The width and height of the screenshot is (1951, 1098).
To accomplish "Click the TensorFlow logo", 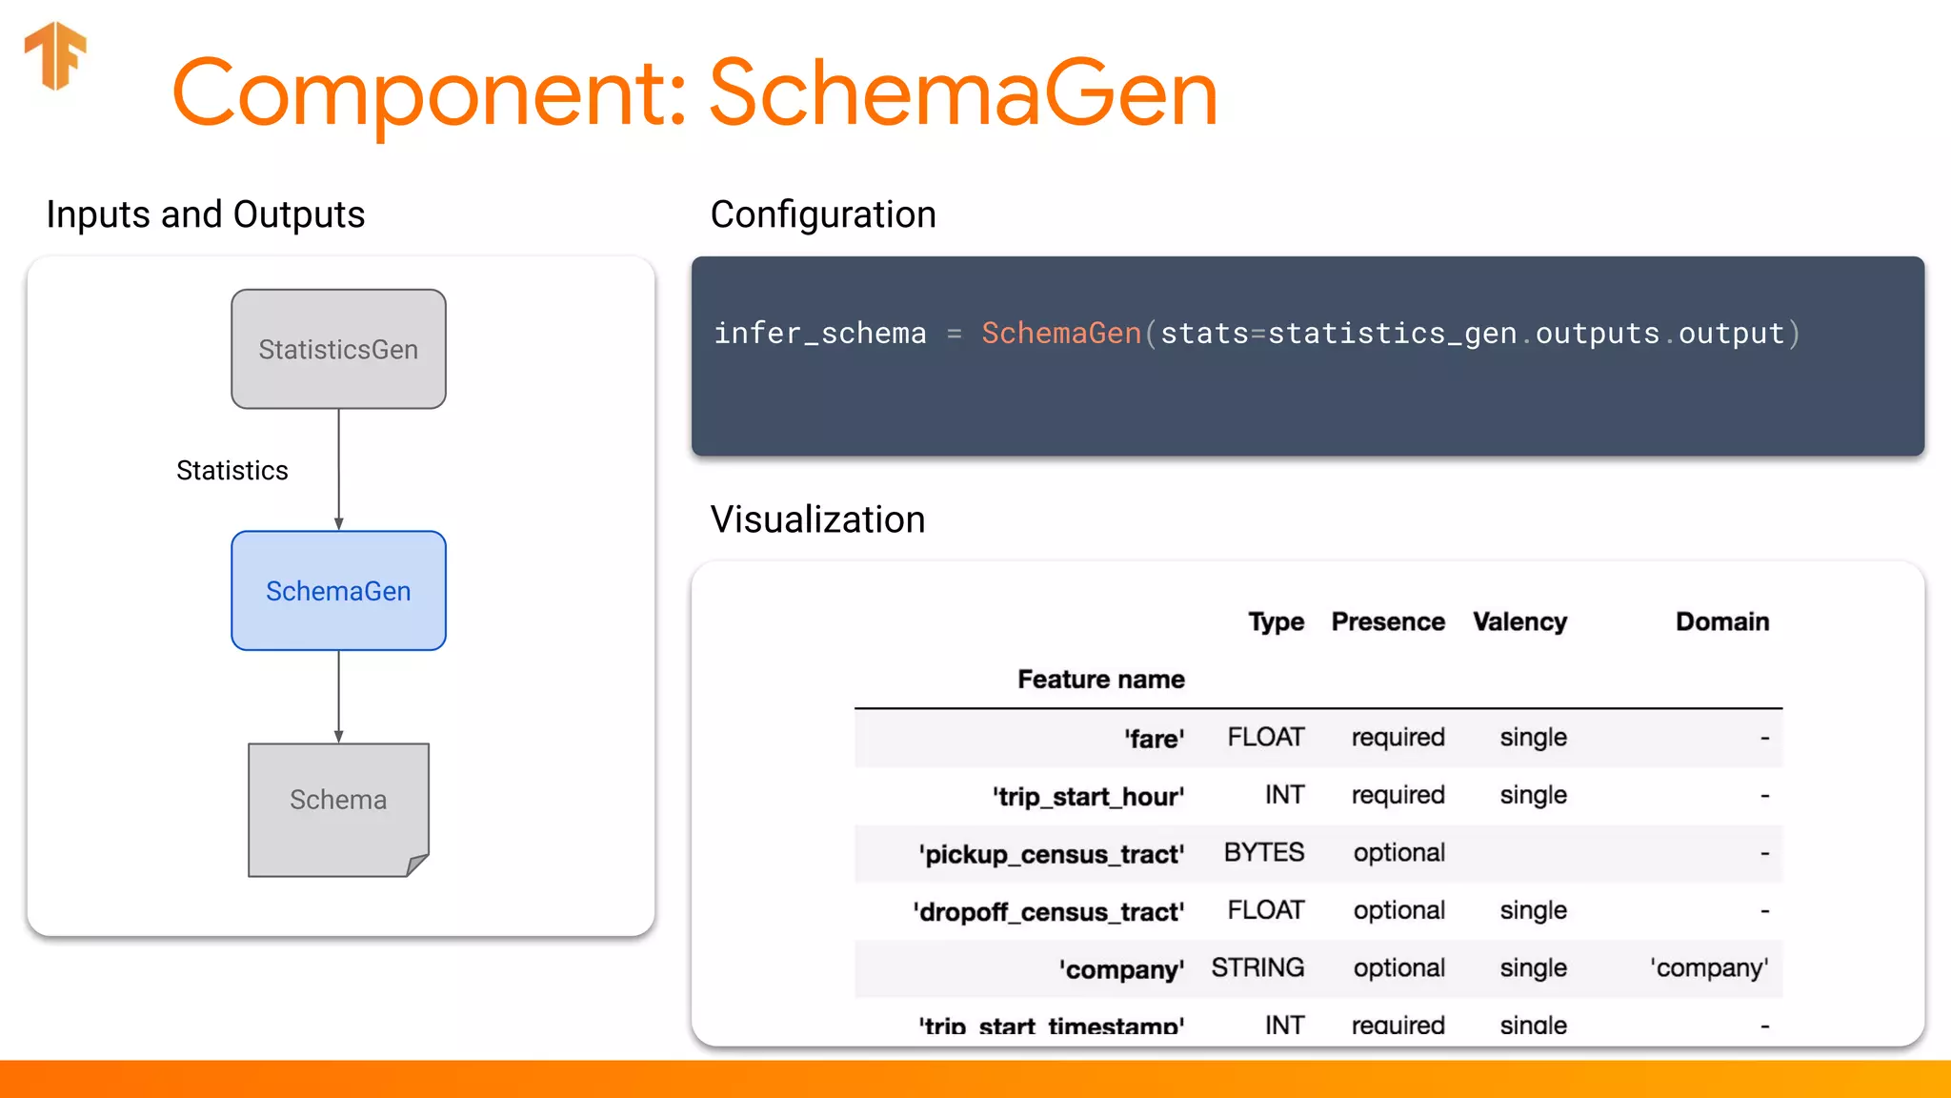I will coord(55,55).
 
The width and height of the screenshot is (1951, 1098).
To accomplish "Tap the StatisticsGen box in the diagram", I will coord(338,349).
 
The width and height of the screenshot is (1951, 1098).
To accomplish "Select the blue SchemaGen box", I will coord(338,591).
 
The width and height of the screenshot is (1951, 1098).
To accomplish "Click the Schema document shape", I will coord(338,808).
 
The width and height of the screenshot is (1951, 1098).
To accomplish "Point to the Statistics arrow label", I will coord(232,471).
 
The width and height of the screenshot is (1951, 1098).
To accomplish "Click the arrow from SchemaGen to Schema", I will coord(338,696).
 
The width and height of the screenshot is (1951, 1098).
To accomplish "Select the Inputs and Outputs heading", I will coord(206,215).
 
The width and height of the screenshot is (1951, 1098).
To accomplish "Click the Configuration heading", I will coord(823,215).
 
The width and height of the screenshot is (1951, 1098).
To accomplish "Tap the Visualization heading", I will coord(817,520).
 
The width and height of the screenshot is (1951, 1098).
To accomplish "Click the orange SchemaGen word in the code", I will coord(1061,334).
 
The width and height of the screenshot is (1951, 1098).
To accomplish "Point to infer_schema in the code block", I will coord(820,334).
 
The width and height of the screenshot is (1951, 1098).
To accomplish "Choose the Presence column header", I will coord(1388,622).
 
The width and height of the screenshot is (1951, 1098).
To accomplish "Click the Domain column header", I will coord(1722,622).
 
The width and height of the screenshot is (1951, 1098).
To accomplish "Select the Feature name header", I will coord(1101,680).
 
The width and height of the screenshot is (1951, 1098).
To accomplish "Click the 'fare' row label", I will coord(1155,739).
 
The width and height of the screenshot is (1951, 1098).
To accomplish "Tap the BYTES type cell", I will coord(1264,852).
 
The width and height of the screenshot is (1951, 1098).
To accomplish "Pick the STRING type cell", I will coord(1257,968).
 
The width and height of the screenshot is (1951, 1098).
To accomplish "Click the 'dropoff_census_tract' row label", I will coord(1049,912).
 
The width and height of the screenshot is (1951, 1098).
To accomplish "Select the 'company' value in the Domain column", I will coord(1710,968).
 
